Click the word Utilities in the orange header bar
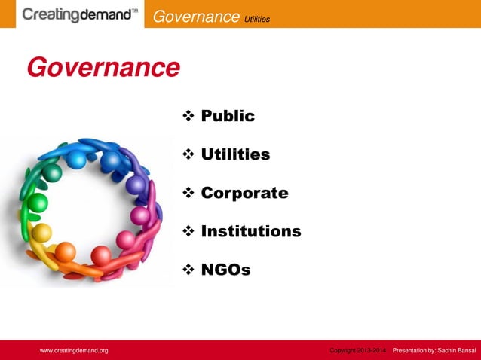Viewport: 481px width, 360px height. click(x=256, y=17)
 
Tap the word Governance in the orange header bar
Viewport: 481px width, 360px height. click(x=195, y=16)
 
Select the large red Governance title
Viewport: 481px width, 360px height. click(x=103, y=68)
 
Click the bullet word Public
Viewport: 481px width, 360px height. click(x=228, y=116)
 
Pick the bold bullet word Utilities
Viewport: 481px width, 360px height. click(x=235, y=154)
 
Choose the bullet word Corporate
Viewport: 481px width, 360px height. click(x=244, y=193)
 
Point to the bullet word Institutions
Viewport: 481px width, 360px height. click(x=251, y=231)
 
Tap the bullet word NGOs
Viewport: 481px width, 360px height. click(x=225, y=270)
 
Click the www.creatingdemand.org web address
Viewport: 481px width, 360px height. click(x=74, y=351)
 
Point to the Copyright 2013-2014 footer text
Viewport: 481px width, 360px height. click(x=358, y=351)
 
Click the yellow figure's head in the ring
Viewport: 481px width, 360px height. click(x=42, y=232)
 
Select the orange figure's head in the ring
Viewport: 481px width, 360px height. click(x=66, y=251)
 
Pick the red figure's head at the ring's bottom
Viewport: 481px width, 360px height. click(x=100, y=255)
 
